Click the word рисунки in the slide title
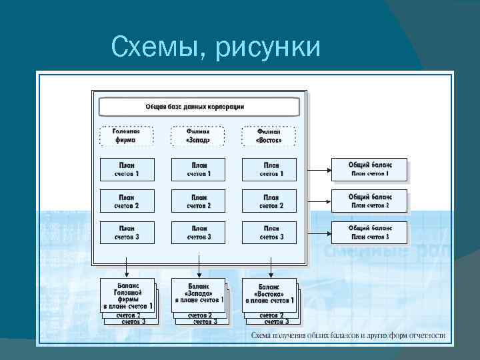point(269,47)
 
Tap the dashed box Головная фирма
point(127,136)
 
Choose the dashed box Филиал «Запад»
point(198,136)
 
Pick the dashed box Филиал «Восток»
point(269,136)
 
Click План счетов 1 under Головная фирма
point(127,169)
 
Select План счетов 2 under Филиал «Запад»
point(198,201)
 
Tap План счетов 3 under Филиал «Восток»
point(269,232)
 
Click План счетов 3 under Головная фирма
point(127,232)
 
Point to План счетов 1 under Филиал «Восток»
point(269,169)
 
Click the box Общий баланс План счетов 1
point(369,169)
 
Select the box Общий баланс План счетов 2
point(369,201)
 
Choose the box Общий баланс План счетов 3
point(369,232)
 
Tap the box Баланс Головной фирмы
point(127,294)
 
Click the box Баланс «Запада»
point(198,294)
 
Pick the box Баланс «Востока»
point(269,294)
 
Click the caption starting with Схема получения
point(347,335)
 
